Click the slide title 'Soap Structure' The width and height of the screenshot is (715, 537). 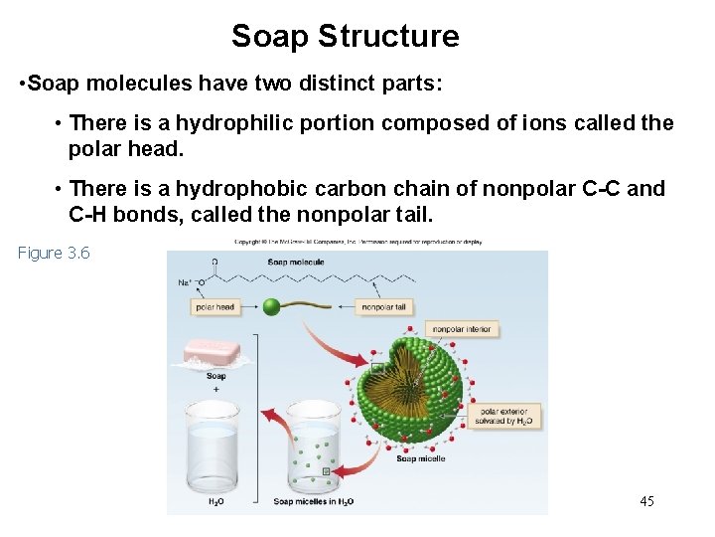click(x=345, y=37)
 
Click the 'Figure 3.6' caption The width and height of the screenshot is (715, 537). click(x=54, y=253)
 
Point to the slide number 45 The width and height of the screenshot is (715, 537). click(x=646, y=501)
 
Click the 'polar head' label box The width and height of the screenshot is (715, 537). click(x=214, y=307)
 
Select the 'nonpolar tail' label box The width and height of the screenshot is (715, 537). click(x=385, y=307)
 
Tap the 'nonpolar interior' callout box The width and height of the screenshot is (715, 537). click(x=463, y=329)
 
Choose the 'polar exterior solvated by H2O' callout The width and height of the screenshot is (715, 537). click(x=506, y=416)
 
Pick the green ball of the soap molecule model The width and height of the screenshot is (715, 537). click(x=272, y=307)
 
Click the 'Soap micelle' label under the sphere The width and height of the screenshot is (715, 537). click(x=420, y=458)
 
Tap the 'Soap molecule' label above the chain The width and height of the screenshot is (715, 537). click(x=295, y=263)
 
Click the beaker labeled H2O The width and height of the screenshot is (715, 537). click(x=215, y=452)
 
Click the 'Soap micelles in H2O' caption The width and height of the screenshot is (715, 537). click(x=313, y=501)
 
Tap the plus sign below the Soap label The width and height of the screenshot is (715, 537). click(x=215, y=389)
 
